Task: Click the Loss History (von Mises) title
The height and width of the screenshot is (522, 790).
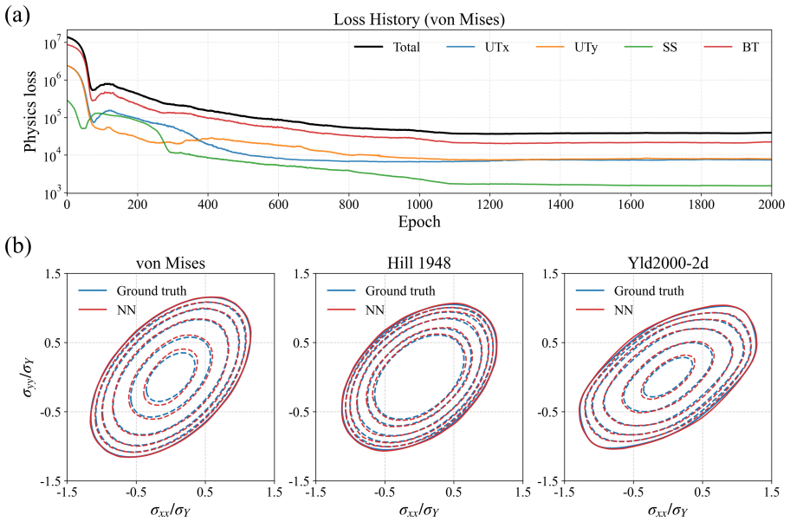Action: tap(419, 20)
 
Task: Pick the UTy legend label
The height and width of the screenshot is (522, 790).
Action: tap(586, 48)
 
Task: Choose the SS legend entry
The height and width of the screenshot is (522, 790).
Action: tap(670, 48)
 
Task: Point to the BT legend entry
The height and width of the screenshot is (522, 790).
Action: tap(750, 48)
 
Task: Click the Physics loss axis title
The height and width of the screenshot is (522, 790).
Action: tap(30, 112)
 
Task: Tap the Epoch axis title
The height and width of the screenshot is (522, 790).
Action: tap(419, 222)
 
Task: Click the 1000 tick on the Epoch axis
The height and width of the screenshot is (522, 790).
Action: tap(419, 205)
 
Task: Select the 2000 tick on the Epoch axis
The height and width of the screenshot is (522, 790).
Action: tap(771, 205)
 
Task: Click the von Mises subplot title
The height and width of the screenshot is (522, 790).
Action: tap(171, 263)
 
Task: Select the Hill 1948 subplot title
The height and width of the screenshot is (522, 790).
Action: tap(418, 263)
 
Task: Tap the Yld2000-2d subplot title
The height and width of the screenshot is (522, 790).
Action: tap(667, 263)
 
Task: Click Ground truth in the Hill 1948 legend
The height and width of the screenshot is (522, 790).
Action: tap(400, 291)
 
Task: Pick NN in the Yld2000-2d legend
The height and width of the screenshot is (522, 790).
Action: tap(623, 310)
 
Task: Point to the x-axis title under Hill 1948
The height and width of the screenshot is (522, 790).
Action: tap(419, 511)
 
